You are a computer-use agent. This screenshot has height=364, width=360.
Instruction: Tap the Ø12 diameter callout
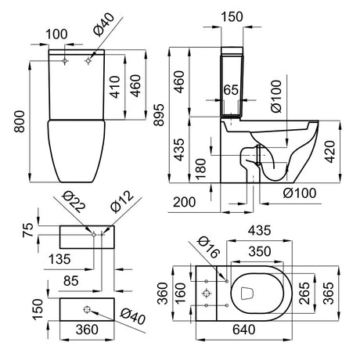122,205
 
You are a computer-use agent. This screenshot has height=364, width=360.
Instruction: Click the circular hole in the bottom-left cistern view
88,307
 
